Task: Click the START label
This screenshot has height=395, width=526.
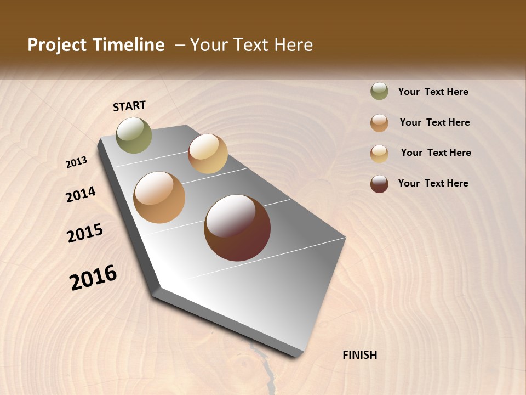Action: tap(129, 106)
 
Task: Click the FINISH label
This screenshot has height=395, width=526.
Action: tap(359, 355)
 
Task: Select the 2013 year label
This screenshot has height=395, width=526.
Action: tap(77, 162)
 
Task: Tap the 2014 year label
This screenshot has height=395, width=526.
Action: tap(81, 194)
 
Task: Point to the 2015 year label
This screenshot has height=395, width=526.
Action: tap(85, 233)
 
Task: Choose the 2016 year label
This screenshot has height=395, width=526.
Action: tap(93, 278)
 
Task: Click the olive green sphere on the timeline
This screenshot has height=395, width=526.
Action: tap(134, 135)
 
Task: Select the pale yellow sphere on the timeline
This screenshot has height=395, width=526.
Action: tap(208, 154)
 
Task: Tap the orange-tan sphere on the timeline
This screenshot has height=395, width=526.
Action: tap(159, 198)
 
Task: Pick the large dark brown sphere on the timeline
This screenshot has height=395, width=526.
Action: tap(237, 228)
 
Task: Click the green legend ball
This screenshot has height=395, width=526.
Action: tap(379, 92)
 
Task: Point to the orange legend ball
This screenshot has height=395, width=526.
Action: tap(379, 123)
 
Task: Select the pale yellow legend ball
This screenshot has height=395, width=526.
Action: tap(379, 153)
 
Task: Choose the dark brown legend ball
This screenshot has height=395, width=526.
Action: tap(379, 184)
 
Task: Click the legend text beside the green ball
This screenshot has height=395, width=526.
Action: tap(433, 92)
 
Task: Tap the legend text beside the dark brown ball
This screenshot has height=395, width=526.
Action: tap(433, 183)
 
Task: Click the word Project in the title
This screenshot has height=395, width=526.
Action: tap(56, 45)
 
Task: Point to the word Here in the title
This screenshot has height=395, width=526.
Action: tap(293, 45)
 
